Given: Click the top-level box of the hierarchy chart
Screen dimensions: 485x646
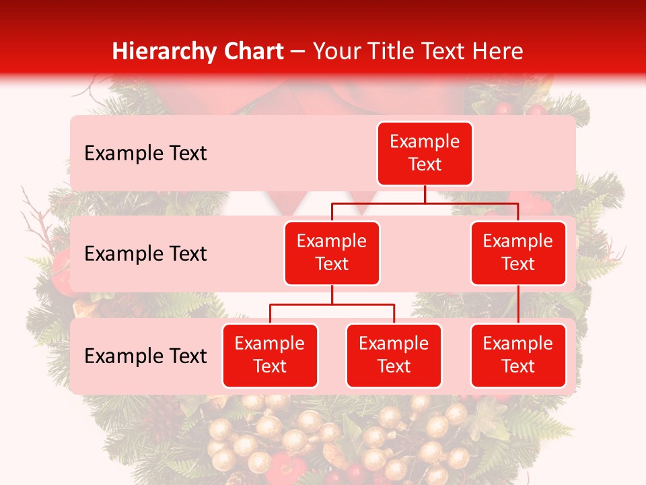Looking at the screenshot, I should (425, 153).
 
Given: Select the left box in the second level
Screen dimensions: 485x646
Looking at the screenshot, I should (332, 253).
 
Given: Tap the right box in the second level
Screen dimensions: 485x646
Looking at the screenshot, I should (518, 253).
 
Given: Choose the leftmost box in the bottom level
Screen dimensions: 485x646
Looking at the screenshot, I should (270, 355).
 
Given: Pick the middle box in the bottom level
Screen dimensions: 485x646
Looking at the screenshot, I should (394, 355).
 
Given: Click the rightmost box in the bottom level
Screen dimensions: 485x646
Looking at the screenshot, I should (518, 355).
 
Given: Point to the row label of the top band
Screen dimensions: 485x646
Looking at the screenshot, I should (145, 153).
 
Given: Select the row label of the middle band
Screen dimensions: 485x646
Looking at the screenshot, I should (145, 253).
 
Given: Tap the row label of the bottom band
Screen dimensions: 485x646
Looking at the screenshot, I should (145, 356).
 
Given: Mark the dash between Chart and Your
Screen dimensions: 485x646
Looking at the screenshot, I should (298, 53).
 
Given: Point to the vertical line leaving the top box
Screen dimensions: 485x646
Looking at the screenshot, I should (425, 194).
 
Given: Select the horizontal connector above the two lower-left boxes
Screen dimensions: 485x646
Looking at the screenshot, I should (332, 304).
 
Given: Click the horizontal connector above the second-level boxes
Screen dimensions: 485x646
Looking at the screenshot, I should (425, 203).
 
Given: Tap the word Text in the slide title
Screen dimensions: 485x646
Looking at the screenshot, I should (443, 51).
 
